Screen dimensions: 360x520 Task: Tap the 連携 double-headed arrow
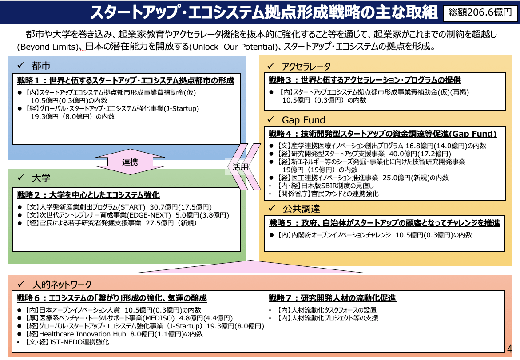130,162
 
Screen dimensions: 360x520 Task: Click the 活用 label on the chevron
240,167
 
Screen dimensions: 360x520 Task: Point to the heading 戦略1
125,81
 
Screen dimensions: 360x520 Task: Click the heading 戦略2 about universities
88,195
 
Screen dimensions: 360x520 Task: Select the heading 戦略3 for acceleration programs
365,80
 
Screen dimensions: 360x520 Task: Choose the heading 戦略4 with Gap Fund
382,134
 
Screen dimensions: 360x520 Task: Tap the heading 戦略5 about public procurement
384,223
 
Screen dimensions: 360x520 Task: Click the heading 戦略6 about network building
112,298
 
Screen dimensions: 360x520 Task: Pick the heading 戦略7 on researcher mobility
332,298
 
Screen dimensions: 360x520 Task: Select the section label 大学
41,178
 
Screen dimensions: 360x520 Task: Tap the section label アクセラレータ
306,67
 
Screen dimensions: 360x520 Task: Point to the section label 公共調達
301,209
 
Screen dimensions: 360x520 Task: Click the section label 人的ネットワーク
62,284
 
